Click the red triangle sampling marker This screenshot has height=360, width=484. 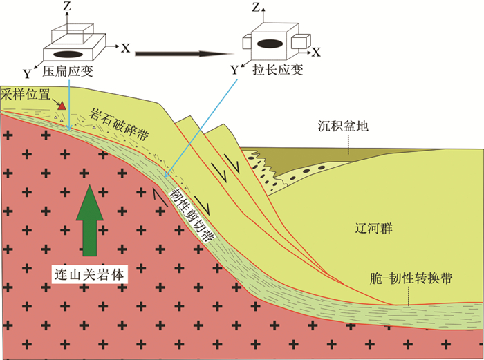pos(62,106)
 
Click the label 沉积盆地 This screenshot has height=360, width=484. pos(344,126)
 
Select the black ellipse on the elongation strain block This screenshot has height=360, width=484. pos(269,44)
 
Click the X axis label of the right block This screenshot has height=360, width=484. pos(316,51)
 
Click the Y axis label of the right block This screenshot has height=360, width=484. pos(234,69)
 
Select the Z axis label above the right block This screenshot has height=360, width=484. pos(257,8)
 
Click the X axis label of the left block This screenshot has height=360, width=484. pos(125,48)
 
